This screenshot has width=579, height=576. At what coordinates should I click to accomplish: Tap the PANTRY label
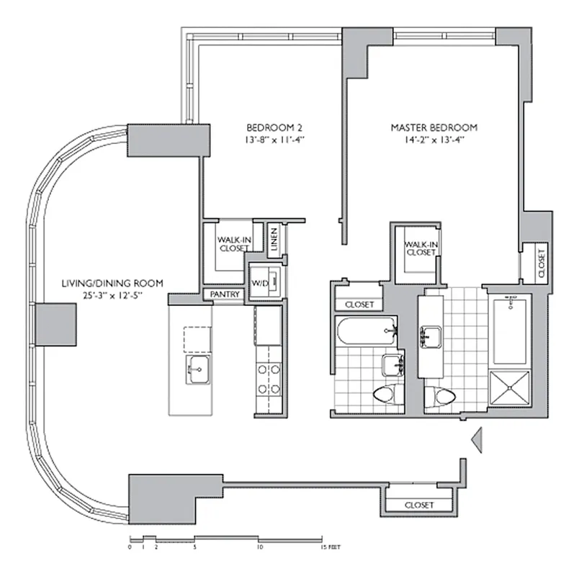[x=223, y=294]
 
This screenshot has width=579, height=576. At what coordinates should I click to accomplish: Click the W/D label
[x=259, y=284]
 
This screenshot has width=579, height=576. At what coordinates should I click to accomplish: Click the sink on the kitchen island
[x=197, y=369]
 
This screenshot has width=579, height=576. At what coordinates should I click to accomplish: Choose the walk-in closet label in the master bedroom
[x=421, y=248]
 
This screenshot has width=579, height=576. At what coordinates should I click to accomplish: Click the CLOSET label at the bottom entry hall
[x=418, y=505]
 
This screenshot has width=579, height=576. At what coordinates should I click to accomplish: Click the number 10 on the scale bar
[x=259, y=547]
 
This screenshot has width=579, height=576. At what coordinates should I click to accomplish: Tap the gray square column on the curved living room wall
[x=56, y=323]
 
